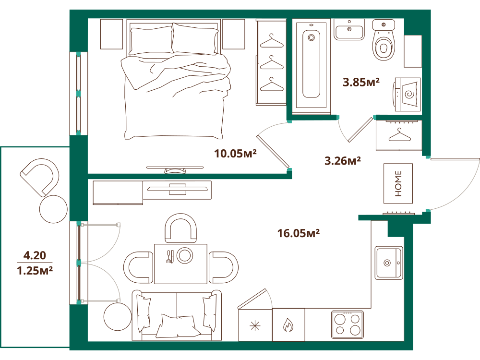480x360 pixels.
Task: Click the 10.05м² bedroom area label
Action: pyautogui.click(x=235, y=154)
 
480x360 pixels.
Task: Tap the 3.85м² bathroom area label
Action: pyautogui.click(x=361, y=82)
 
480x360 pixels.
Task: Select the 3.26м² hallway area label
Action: pyautogui.click(x=343, y=161)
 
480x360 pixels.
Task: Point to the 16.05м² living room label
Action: pyautogui.click(x=299, y=233)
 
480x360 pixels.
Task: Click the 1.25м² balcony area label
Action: pyautogui.click(x=35, y=271)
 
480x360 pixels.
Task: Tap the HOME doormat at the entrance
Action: pyautogui.click(x=398, y=183)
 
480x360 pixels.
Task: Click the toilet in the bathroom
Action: pyautogui.click(x=383, y=40)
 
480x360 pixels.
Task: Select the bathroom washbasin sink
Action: pyautogui.click(x=349, y=30)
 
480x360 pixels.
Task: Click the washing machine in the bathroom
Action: pyautogui.click(x=407, y=94)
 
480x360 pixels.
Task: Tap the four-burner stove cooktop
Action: pyautogui.click(x=347, y=324)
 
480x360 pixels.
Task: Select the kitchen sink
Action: pyautogui.click(x=389, y=263)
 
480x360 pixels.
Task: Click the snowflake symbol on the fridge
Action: pyautogui.click(x=255, y=326)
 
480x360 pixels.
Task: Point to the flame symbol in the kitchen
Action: pyautogui.click(x=288, y=325)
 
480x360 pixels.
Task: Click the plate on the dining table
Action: pyautogui.click(x=185, y=255)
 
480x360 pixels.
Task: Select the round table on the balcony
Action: pyautogui.click(x=53, y=209)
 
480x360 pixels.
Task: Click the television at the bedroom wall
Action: pyautogui.click(x=175, y=169)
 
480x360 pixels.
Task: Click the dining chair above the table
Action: pyautogui.click(x=180, y=228)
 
